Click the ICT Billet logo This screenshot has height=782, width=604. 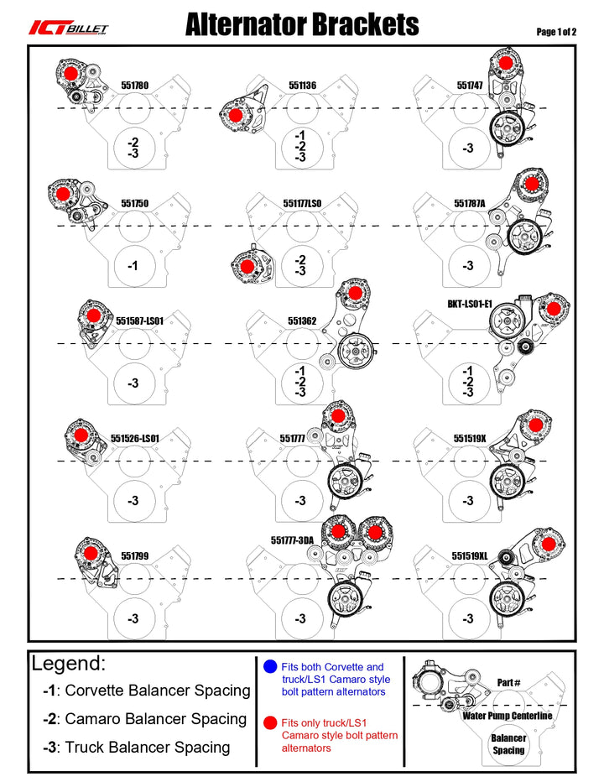point(68,28)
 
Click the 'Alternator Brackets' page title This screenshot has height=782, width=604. point(302,24)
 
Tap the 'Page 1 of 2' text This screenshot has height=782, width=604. point(556,32)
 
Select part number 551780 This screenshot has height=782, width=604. point(134,85)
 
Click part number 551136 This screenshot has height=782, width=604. point(302,85)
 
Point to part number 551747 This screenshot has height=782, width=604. point(470,85)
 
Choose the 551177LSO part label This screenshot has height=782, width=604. point(302,203)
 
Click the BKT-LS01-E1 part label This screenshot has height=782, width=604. point(470,306)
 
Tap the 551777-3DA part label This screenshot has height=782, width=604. point(292,540)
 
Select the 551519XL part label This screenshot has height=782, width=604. point(470,555)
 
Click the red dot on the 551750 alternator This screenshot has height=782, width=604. point(63,194)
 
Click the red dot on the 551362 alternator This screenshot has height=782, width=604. point(355,293)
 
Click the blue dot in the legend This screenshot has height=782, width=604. point(268,667)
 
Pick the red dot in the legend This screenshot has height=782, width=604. point(268,722)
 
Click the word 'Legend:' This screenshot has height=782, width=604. point(69,664)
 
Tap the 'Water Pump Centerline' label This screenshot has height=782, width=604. point(508,716)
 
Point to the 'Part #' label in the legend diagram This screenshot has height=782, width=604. point(508,682)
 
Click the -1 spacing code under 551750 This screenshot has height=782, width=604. point(133,266)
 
